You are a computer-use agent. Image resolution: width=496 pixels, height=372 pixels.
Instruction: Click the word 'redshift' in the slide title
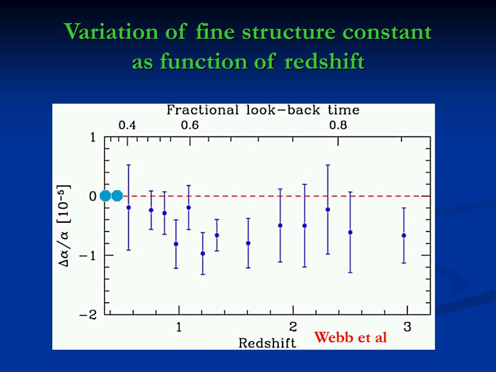[325, 62]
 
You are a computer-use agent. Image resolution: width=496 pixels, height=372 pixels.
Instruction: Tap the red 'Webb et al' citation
[351, 337]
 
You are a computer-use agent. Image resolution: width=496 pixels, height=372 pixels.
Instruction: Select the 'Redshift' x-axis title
[267, 343]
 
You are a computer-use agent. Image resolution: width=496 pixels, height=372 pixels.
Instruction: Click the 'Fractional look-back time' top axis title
[263, 110]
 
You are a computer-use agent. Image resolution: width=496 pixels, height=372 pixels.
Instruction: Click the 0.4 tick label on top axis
[127, 126]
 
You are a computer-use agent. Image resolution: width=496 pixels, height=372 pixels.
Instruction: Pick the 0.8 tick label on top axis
[338, 126]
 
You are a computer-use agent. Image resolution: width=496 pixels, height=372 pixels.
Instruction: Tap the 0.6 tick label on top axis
[190, 126]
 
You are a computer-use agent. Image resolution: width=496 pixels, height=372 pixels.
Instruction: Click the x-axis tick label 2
[293, 327]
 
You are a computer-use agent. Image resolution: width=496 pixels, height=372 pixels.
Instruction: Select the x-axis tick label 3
[407, 327]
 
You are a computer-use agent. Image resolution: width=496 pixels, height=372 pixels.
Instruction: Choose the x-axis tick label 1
[179, 327]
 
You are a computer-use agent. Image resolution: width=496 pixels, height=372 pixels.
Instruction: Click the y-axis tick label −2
[89, 315]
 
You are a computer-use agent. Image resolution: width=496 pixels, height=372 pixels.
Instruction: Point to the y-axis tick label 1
[93, 138]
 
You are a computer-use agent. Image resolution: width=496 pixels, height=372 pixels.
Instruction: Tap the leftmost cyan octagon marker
[106, 196]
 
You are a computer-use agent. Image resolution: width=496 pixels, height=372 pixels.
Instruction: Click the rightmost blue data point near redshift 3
[404, 235]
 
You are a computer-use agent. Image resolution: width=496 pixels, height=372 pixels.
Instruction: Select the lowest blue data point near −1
[203, 253]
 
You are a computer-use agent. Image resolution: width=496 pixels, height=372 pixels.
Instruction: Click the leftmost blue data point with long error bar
[128, 207]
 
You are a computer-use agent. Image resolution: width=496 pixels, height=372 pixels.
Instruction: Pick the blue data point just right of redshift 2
[305, 226]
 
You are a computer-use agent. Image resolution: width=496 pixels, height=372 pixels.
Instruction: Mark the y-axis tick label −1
[89, 255]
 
